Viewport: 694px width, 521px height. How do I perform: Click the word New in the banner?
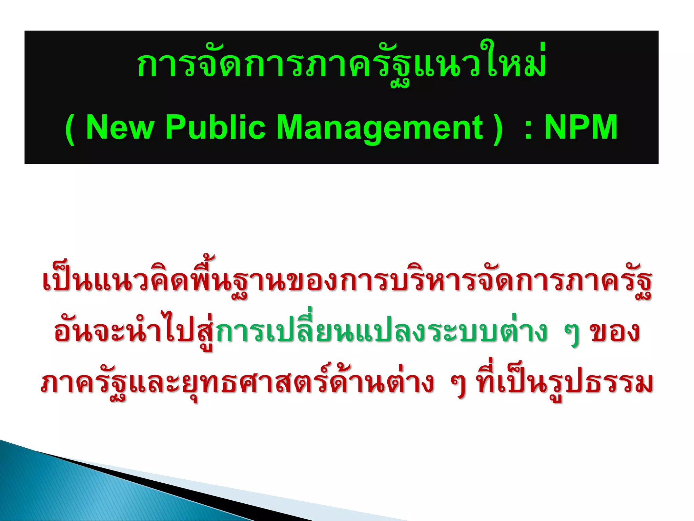pyautogui.click(x=120, y=127)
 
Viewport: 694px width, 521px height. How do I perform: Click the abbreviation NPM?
pyautogui.click(x=581, y=127)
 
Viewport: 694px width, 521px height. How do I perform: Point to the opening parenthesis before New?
pyautogui.click(x=70, y=129)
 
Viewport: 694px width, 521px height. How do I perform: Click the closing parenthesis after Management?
pyautogui.click(x=498, y=129)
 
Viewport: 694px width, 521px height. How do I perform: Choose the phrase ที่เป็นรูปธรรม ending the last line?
pyautogui.click(x=564, y=383)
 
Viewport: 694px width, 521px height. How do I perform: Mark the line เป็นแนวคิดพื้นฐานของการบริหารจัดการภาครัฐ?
pyautogui.click(x=346, y=282)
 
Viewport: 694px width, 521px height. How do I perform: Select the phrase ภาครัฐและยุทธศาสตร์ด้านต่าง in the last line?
pyautogui.click(x=237, y=383)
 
